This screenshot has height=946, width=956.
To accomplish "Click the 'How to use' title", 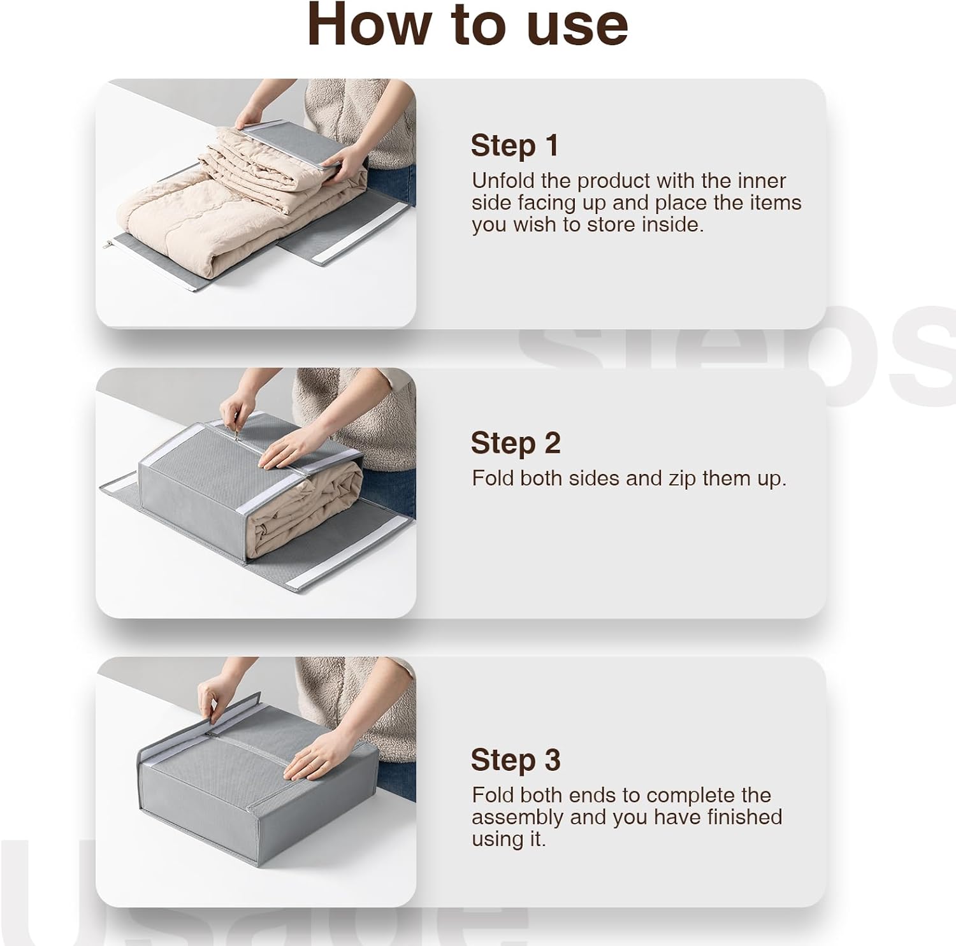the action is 468,25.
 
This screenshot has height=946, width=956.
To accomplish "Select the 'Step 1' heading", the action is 514,146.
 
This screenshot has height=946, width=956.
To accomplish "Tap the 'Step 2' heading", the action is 516,443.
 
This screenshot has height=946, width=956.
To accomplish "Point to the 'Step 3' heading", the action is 516,760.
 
